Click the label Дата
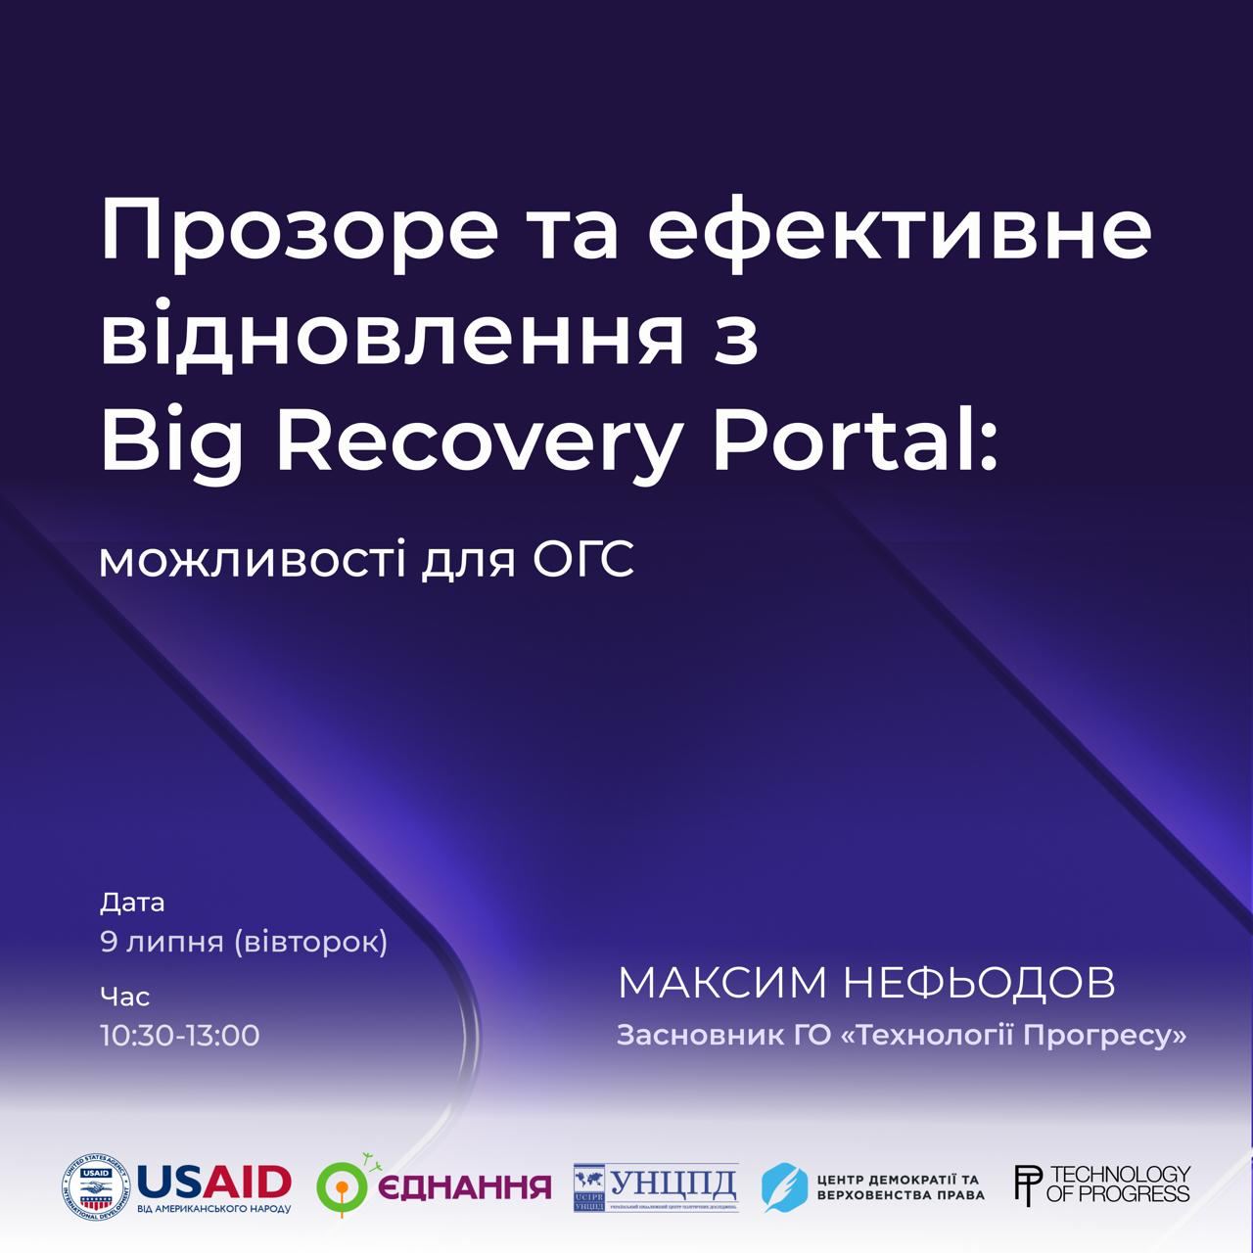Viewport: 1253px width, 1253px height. click(x=132, y=903)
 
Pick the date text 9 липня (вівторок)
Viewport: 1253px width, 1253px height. click(x=244, y=942)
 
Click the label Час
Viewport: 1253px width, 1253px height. click(x=124, y=998)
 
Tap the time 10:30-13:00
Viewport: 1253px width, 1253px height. click(x=180, y=1036)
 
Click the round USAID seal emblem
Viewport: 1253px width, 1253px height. click(x=96, y=1187)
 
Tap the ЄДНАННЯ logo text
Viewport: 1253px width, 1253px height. click(x=464, y=1187)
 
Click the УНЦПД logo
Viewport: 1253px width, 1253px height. click(x=656, y=1187)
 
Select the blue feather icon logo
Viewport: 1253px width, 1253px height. click(x=783, y=1187)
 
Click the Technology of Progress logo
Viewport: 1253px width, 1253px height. click(x=1102, y=1184)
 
